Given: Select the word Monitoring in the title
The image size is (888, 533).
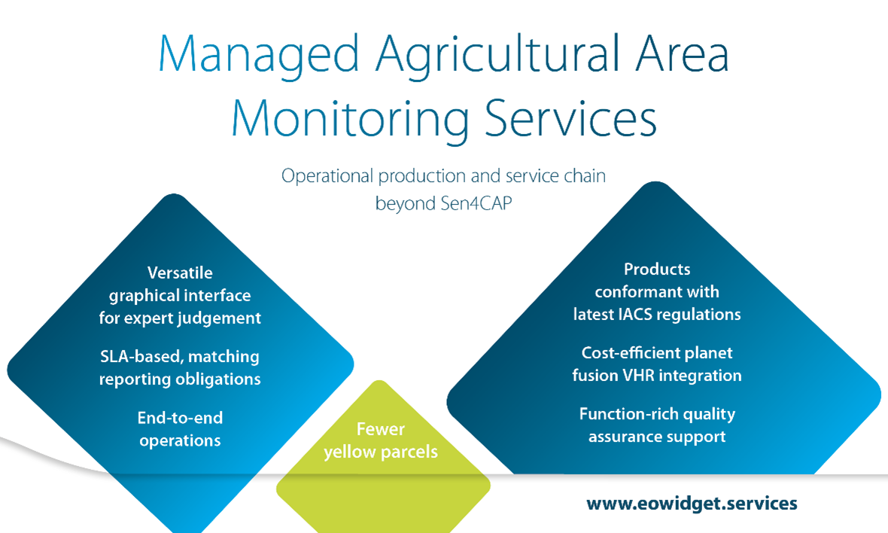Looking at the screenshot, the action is [x=349, y=120].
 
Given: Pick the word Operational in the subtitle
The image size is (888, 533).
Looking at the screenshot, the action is [x=327, y=177].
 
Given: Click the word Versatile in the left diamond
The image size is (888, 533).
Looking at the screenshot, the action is [x=180, y=273].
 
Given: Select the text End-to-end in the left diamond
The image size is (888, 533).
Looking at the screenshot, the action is [x=180, y=418].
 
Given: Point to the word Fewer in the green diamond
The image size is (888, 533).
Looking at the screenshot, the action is [x=381, y=429].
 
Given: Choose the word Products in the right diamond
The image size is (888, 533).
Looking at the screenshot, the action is [x=657, y=269].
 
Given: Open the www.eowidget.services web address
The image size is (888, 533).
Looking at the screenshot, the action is [x=692, y=504].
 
